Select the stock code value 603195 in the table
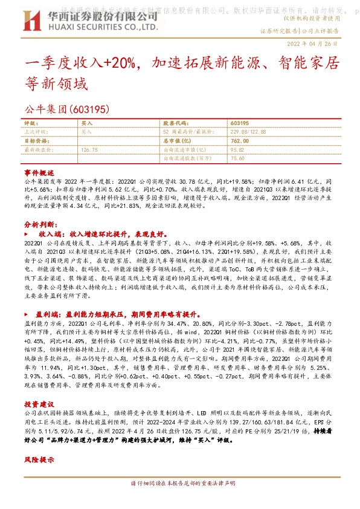click(x=240, y=123)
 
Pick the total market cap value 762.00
click(x=239, y=140)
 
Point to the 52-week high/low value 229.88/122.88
click(x=248, y=131)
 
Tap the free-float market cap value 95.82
click(x=237, y=149)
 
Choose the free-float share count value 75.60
click(x=237, y=158)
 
